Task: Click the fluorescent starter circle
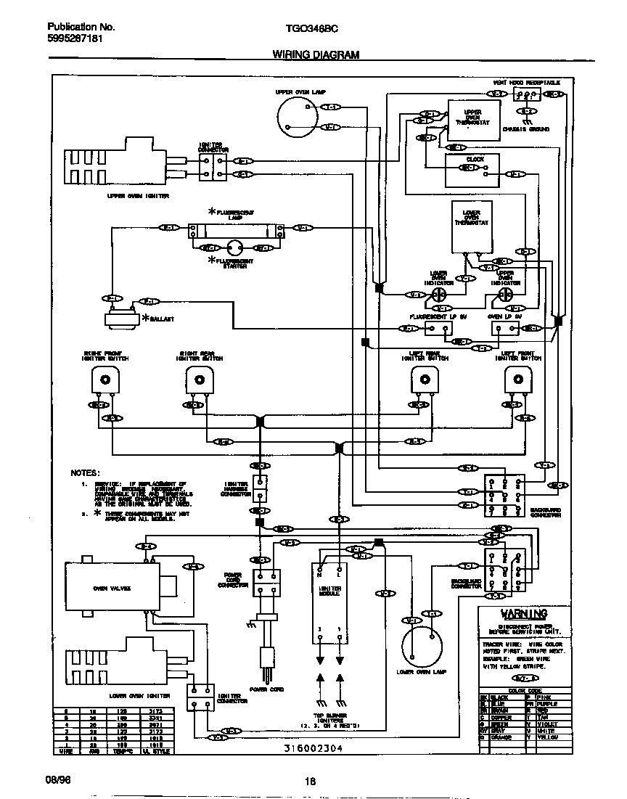(234, 248)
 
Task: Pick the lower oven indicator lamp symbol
(438, 294)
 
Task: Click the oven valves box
(112, 588)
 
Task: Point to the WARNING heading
(517, 613)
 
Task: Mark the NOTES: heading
(85, 472)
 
